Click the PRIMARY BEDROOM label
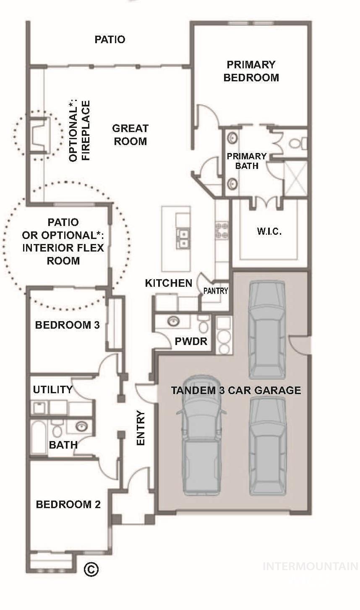[251, 71]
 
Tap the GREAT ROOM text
[130, 135]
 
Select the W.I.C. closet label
[269, 231]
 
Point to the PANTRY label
[216, 291]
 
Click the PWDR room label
[191, 341]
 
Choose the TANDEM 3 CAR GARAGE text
[236, 390]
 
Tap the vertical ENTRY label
[141, 428]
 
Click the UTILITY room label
[53, 389]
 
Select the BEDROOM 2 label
[68, 504]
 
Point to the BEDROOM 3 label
[67, 325]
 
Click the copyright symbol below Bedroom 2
[91, 569]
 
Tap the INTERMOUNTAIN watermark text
[310, 566]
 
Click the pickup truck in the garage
[201, 436]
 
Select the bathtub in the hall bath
[39, 436]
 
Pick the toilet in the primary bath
[299, 144]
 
